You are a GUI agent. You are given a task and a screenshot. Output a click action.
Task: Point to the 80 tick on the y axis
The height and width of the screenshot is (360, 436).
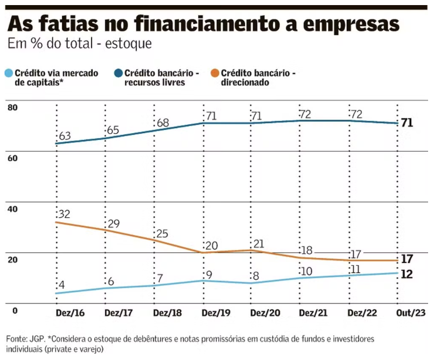pos(12,107)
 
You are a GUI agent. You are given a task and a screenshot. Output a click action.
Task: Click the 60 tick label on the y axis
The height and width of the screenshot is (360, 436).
pos(12,158)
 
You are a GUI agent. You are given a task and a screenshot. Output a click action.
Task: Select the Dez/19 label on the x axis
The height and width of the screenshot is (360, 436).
pos(216,312)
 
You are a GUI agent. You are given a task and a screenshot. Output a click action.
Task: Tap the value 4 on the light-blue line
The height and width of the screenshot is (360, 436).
pos(62,285)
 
